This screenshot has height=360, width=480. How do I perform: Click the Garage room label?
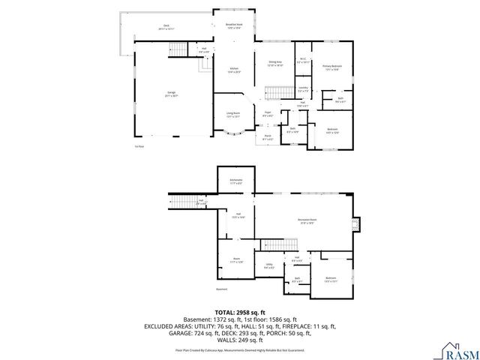pos(172,94)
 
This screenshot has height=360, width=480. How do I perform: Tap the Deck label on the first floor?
pos(166,27)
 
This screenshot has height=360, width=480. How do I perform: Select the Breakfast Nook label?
pos(235,25)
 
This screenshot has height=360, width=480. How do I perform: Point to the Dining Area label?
pos(275,64)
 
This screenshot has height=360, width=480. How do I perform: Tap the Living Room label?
pos(233,115)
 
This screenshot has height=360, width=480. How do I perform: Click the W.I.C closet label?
pos(302,60)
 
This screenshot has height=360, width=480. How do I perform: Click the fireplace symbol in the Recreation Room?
pos(357,226)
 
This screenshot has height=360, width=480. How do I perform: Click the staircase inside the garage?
pos(178,50)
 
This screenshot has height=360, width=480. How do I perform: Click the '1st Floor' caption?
pos(139,146)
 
